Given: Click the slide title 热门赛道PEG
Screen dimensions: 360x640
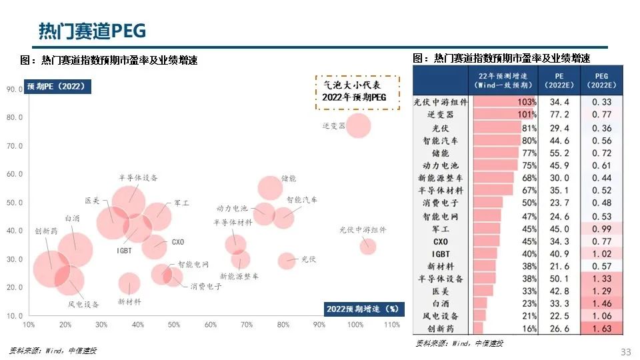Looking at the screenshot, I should point(92,31).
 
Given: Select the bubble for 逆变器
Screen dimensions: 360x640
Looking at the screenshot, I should point(359,125).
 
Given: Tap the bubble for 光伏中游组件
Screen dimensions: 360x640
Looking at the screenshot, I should point(368,247).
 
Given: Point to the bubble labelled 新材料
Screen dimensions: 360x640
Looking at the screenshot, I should point(129,283).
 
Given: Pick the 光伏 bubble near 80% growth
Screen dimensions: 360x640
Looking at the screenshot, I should point(287,261).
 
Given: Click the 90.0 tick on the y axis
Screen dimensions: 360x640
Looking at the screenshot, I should point(15,89).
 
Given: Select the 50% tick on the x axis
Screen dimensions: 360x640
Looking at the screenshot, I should point(174,325).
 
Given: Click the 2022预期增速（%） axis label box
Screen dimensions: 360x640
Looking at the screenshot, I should point(363,309).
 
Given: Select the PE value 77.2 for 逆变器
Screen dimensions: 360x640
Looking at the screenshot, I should point(559,115).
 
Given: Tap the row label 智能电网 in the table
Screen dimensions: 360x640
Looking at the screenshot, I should point(441,217).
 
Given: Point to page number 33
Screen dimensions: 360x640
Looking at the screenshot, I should point(625,351).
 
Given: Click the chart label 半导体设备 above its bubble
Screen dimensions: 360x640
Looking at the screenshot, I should point(138,177).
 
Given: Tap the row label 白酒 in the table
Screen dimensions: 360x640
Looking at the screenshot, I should point(441,303).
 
